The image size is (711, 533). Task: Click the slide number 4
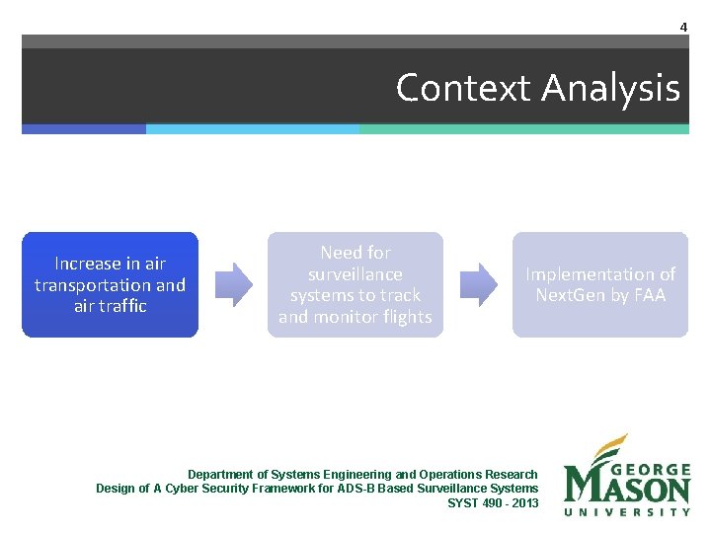click(682, 27)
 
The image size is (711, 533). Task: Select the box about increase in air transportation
click(110, 284)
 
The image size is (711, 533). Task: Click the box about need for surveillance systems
click(355, 284)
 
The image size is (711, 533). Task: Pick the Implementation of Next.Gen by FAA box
click(599, 284)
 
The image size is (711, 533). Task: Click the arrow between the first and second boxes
click(234, 284)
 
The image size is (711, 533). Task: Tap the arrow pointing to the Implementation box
click(479, 284)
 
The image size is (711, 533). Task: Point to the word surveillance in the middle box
click(355, 274)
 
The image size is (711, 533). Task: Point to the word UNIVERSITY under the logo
click(626, 511)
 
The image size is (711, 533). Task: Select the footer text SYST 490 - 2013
click(493, 502)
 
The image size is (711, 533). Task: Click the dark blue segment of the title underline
click(84, 128)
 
